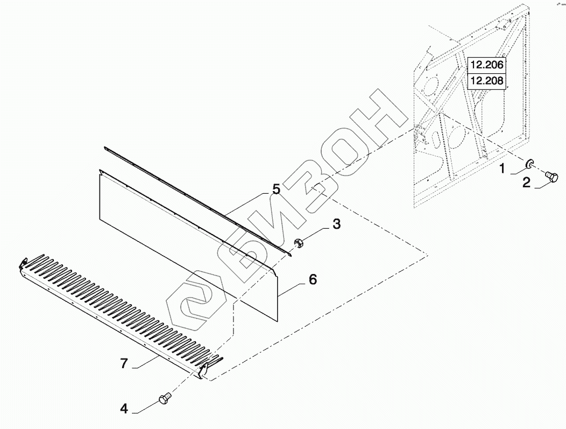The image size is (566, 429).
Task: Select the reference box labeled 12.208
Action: click(486, 81)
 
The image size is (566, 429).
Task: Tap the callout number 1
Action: click(501, 169)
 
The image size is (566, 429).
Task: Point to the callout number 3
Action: click(336, 224)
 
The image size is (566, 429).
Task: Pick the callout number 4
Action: click(124, 409)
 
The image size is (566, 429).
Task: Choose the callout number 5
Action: click(276, 189)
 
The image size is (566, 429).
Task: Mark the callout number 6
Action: click(312, 279)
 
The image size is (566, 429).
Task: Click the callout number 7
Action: click(124, 364)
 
